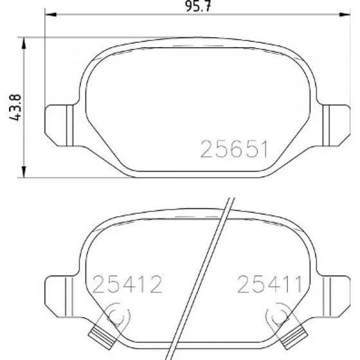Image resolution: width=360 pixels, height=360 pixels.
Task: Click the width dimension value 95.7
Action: [x=198, y=6]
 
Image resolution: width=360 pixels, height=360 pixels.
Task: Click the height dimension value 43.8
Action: [x=15, y=107]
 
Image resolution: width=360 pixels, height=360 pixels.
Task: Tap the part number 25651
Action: [x=234, y=149]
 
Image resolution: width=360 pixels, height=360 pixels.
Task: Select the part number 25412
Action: [x=127, y=284]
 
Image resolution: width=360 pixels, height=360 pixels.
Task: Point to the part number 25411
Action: [x=269, y=284]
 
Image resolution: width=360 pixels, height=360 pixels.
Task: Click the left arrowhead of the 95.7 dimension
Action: [x=51, y=14]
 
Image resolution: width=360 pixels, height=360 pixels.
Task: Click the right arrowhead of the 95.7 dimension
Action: [x=345, y=14]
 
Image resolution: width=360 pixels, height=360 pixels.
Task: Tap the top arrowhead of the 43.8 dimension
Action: [x=24, y=43]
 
